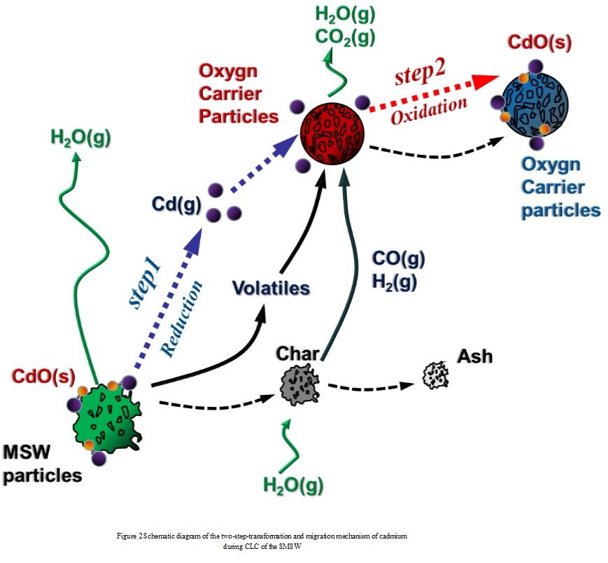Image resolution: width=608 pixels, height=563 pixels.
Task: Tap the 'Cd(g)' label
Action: (176, 204)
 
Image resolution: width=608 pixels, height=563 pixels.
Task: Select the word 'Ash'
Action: (475, 356)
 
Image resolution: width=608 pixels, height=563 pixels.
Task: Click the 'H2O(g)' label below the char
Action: (293, 483)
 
